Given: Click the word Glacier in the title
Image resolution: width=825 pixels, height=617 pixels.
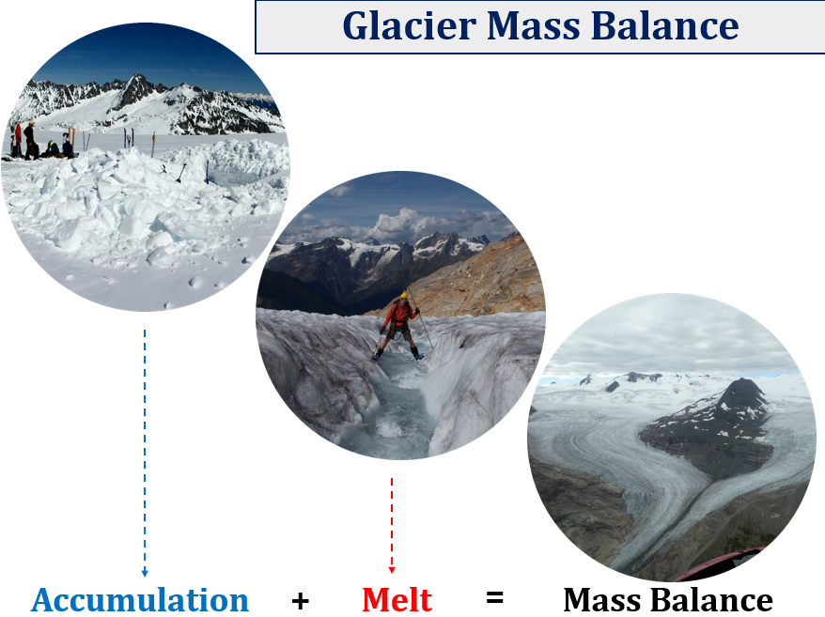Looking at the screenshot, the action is (x=410, y=25).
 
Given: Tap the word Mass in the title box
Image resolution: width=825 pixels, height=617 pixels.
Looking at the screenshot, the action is (x=533, y=25).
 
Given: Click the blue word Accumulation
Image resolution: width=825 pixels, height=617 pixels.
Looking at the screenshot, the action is (x=140, y=600).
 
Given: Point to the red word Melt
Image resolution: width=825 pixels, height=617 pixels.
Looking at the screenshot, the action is (x=397, y=600).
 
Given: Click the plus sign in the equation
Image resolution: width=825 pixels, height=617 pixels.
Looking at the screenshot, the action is (x=300, y=600).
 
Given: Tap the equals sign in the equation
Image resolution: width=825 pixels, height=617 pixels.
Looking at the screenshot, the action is (x=494, y=597).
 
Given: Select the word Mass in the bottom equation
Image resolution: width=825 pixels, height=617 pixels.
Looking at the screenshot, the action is (x=604, y=600).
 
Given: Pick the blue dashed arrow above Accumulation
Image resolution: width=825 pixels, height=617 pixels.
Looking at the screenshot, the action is (x=145, y=454).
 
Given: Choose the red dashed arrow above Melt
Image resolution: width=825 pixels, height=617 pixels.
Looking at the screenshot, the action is (x=392, y=526).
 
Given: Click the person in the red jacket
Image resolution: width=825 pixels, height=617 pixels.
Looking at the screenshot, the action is (x=399, y=327).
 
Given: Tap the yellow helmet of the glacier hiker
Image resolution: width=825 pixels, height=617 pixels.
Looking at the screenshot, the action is (x=403, y=295).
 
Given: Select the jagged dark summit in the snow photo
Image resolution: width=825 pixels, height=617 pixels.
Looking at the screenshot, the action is (x=138, y=88).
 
